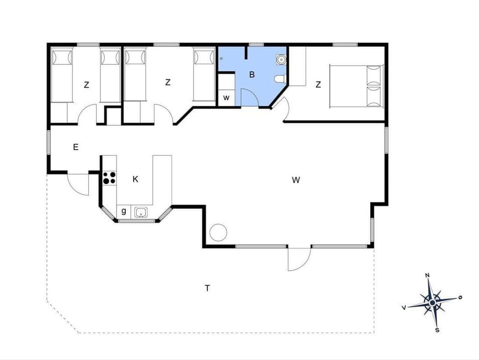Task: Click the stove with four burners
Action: [109, 178]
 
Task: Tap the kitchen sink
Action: [141, 213]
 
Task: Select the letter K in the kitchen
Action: [135, 180]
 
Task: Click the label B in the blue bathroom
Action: [252, 75]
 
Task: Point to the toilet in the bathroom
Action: [280, 78]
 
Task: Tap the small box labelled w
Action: [226, 98]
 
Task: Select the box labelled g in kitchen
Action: [123, 211]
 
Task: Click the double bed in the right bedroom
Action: [356, 85]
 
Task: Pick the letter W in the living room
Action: [296, 180]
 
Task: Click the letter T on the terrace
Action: [207, 288]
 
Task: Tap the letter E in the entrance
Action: [76, 147]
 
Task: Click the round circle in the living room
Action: [218, 232]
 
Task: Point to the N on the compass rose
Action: [427, 275]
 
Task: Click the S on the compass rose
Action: [437, 330]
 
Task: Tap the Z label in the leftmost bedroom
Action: [86, 85]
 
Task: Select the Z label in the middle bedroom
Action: [168, 82]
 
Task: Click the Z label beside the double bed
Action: [318, 85]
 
